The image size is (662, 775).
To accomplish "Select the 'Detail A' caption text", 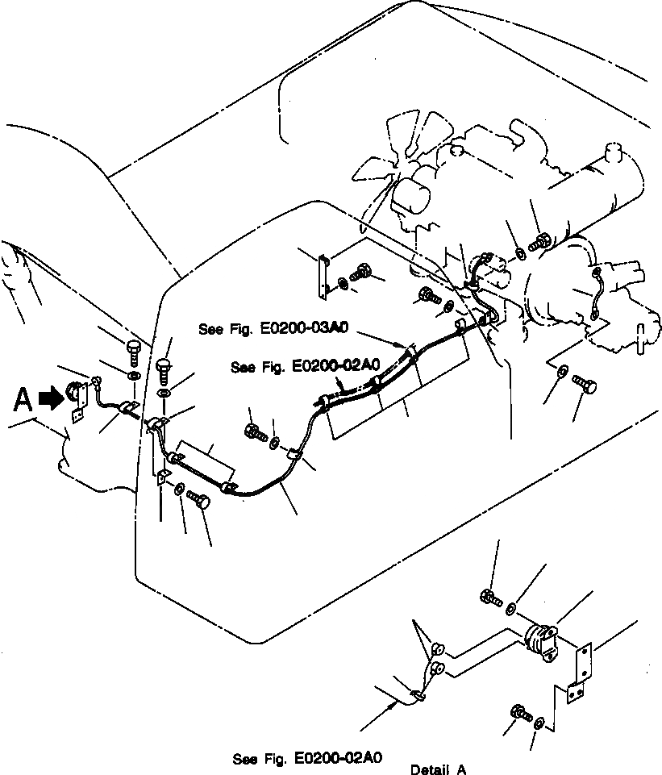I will [x=438, y=769].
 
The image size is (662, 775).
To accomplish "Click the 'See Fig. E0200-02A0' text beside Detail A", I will [x=306, y=758].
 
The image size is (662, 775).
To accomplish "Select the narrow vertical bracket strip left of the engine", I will [x=324, y=275].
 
